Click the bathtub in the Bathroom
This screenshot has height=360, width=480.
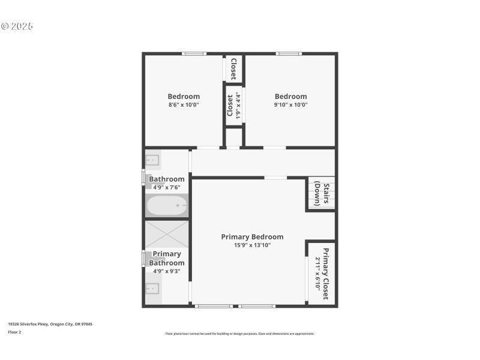coord(167,206)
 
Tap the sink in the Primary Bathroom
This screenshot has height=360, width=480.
coord(152,290)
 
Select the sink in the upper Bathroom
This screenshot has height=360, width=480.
coord(152,160)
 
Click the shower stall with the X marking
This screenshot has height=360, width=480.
coord(167,234)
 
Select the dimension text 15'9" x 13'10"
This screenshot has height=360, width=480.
coord(252,245)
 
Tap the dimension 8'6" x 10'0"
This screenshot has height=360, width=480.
coord(184,104)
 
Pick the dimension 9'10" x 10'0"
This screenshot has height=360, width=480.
coord(290,104)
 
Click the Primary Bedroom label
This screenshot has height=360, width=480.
coord(252,236)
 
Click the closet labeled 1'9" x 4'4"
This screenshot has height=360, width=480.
coord(233,105)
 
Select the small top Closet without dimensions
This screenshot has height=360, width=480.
coord(233,68)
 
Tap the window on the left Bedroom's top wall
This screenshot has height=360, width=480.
coord(194,54)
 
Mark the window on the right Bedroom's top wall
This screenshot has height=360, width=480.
coord(289,54)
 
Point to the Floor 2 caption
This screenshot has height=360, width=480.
coord(14,332)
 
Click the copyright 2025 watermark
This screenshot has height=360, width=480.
coord(17,26)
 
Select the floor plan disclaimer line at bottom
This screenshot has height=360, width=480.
coord(239,334)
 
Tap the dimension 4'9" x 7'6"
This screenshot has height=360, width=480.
coord(167,187)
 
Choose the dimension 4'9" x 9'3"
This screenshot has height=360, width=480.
coord(167,271)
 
